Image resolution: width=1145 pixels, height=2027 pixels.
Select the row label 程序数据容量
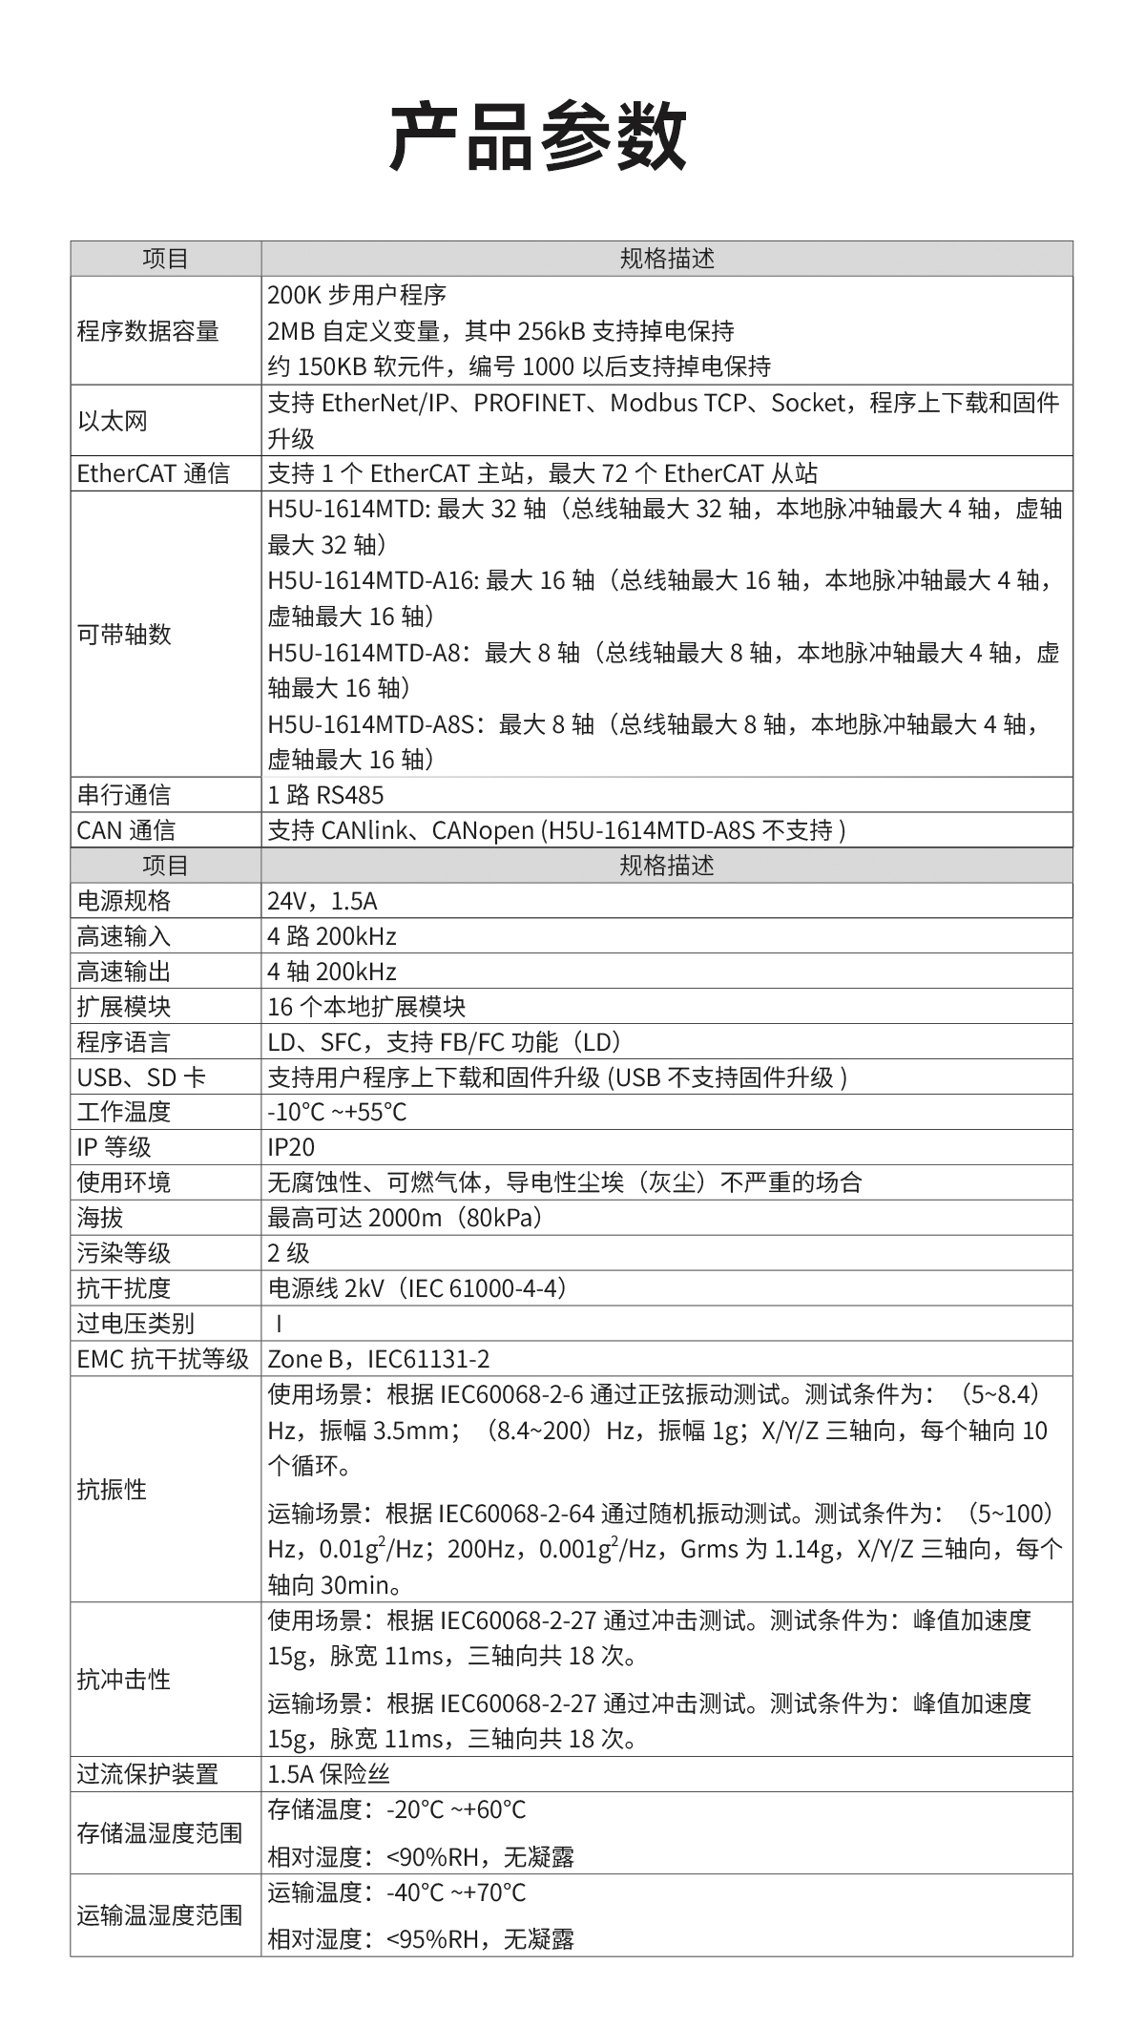click(148, 331)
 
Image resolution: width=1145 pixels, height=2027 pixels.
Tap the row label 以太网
click(113, 421)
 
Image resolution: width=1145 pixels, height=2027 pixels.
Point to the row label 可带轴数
click(124, 634)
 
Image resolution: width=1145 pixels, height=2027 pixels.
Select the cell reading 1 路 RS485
click(325, 795)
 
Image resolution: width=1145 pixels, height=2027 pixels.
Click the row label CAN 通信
click(126, 830)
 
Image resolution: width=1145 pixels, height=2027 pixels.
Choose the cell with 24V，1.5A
click(323, 901)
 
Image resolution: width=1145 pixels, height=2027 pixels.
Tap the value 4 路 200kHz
click(331, 936)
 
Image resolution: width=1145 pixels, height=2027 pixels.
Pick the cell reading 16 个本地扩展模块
click(366, 1007)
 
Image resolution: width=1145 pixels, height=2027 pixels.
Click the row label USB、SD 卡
click(141, 1077)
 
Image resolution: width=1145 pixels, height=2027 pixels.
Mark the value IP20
click(291, 1147)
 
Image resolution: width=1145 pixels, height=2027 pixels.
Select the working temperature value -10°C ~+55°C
click(337, 1112)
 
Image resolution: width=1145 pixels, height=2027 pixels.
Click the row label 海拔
click(100, 1218)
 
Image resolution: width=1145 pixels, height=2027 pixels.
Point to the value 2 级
click(288, 1253)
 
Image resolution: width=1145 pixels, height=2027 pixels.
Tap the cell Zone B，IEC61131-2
click(379, 1359)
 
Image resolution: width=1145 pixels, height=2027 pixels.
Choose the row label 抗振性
click(112, 1489)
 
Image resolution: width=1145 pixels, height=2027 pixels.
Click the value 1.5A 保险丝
click(329, 1774)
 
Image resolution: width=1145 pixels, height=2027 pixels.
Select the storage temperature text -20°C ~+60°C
click(456, 1809)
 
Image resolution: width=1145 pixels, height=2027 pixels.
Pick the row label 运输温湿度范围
click(159, 1914)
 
